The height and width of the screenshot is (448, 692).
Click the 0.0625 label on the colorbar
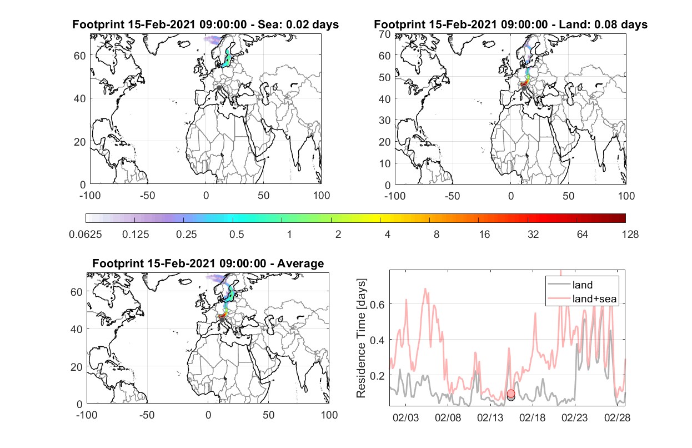click(86, 235)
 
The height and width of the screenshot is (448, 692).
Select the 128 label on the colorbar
click(630, 235)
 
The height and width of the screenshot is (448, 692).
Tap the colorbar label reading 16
click(484, 235)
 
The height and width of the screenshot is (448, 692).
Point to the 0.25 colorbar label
click(186, 235)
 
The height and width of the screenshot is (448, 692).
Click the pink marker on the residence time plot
click(511, 394)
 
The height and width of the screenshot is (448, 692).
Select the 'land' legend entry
click(583, 285)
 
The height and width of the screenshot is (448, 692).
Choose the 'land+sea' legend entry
click(594, 299)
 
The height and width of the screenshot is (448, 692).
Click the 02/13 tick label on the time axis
click(490, 417)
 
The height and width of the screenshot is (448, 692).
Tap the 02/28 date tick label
click(617, 417)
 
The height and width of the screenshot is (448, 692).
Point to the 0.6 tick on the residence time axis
click(378, 305)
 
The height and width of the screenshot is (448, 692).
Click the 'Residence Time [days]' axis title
click(361, 339)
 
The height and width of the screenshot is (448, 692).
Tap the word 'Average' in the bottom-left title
click(300, 263)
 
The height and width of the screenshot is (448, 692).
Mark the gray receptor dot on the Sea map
click(219, 88)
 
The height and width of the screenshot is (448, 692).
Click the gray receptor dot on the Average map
click(222, 320)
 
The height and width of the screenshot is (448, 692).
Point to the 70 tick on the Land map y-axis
click(385, 34)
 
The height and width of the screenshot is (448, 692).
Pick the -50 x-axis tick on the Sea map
click(148, 196)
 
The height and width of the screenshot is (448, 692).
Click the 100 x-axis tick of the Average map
click(329, 415)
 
